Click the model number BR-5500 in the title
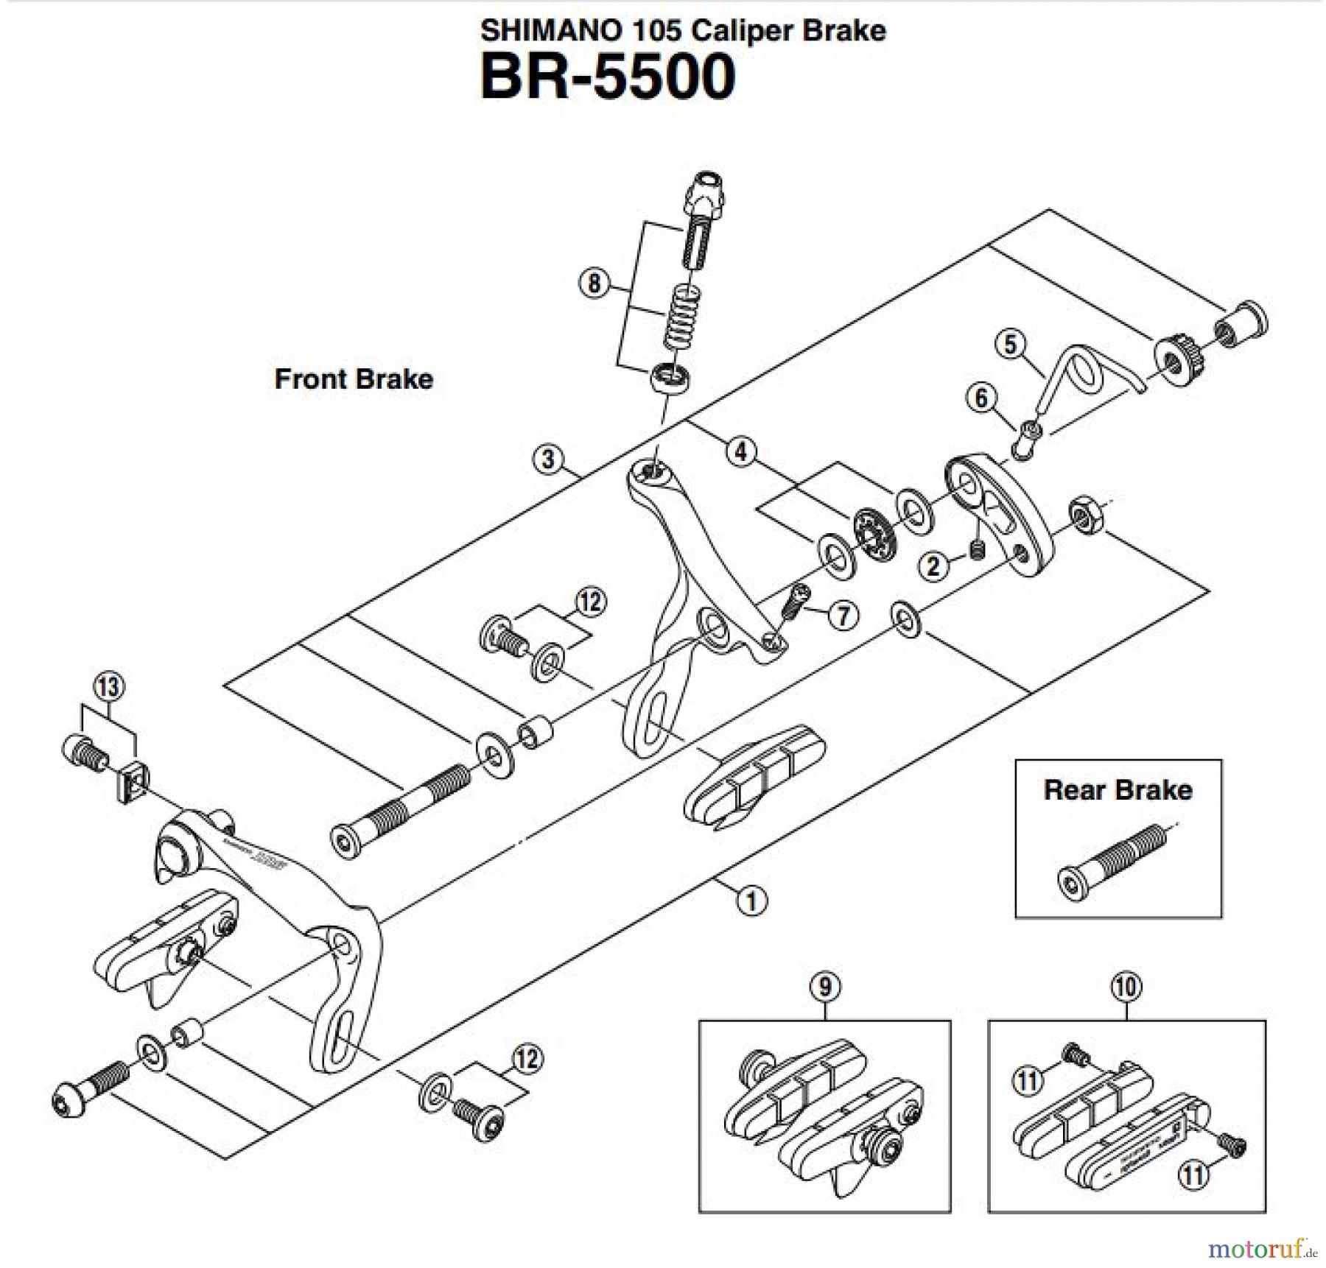point(608,77)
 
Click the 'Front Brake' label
point(354,379)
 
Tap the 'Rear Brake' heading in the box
point(1118,790)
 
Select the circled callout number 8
point(594,283)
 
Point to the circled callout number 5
point(1010,344)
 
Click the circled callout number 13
point(108,687)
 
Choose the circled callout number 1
point(752,901)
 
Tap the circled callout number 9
point(824,987)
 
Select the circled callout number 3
point(547,459)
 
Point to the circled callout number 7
point(843,615)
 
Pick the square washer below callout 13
point(131,783)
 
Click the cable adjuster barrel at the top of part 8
point(703,194)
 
